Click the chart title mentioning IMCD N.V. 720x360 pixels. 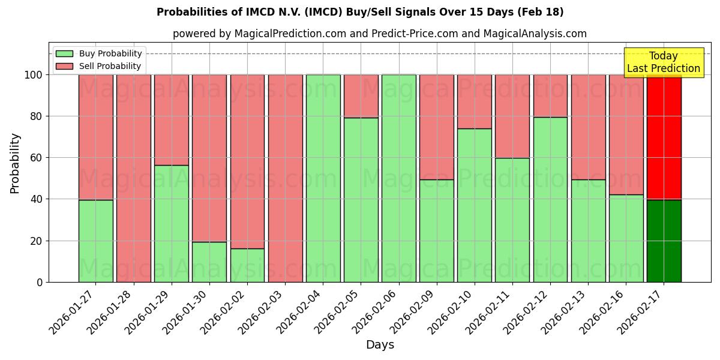tap(360, 12)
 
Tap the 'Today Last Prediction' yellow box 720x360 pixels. tap(663, 62)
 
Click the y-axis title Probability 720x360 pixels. tap(15, 163)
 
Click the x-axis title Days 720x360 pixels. tap(380, 345)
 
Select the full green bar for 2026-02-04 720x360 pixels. tap(323, 178)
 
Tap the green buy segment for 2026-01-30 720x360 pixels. tap(209, 262)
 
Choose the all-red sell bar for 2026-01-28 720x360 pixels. tap(133, 178)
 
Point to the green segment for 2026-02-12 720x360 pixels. tap(550, 199)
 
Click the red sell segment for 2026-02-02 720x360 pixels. tap(247, 161)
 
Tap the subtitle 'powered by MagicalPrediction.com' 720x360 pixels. tap(379, 34)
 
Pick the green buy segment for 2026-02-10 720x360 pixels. tap(475, 205)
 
